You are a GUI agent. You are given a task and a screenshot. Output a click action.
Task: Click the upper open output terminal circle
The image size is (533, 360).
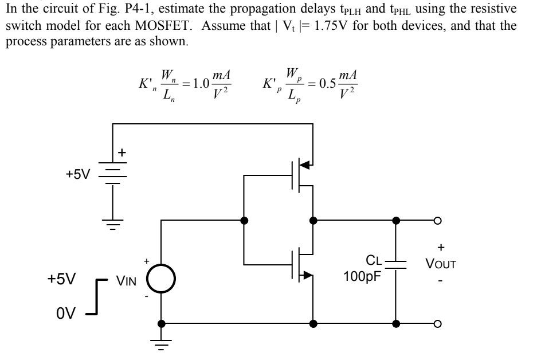click(438, 220)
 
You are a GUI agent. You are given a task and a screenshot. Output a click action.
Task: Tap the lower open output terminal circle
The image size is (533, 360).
click(438, 323)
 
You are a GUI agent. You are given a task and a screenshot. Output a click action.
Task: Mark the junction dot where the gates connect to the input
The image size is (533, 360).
click(244, 220)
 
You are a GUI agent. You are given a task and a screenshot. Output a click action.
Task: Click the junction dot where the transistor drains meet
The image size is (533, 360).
click(313, 220)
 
